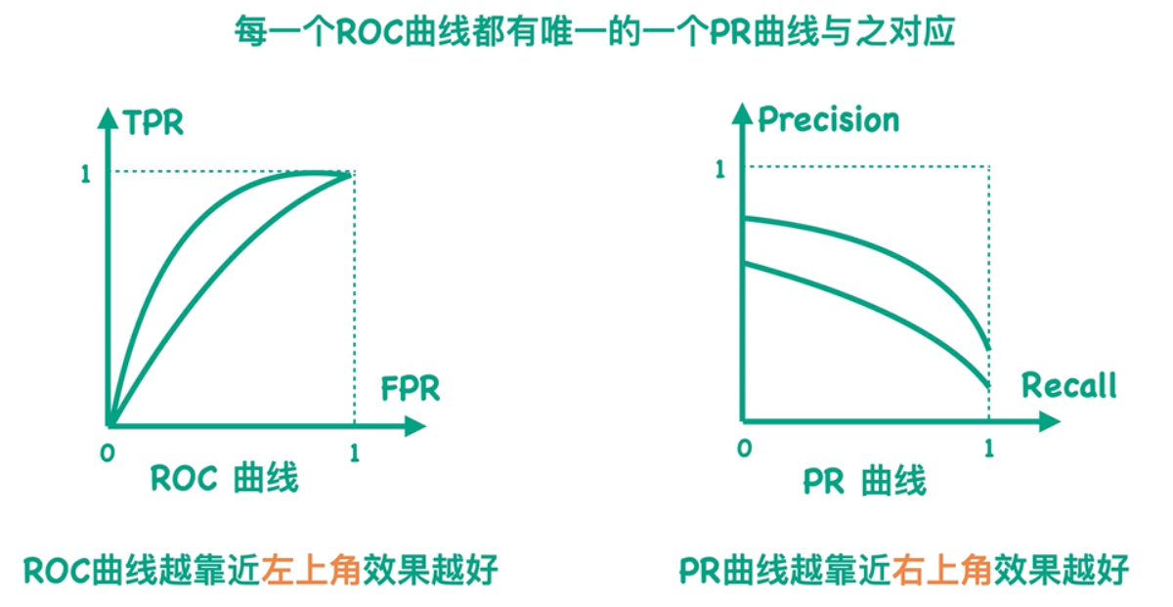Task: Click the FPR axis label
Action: tap(411, 388)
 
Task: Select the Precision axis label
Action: tap(828, 120)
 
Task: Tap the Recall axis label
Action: tap(1068, 386)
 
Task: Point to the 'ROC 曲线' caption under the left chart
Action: tap(224, 479)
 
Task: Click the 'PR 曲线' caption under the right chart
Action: tap(863, 482)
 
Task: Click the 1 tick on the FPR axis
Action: tap(354, 454)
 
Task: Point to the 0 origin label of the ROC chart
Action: tap(108, 454)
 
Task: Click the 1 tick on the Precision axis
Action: tap(720, 170)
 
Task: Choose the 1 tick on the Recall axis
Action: tap(989, 449)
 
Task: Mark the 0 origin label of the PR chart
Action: tap(745, 449)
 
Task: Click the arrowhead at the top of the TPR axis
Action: tap(109, 113)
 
